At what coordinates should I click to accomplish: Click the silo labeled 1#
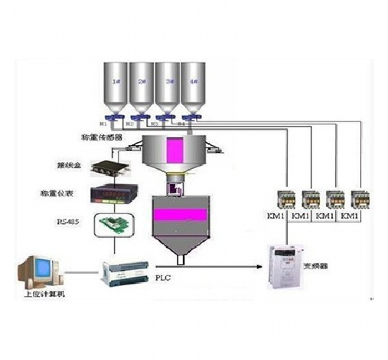click(116, 86)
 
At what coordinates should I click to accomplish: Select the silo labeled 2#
click(142, 86)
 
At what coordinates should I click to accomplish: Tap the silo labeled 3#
click(167, 86)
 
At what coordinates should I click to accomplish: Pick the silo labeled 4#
click(193, 86)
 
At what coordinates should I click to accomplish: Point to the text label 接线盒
click(66, 165)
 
